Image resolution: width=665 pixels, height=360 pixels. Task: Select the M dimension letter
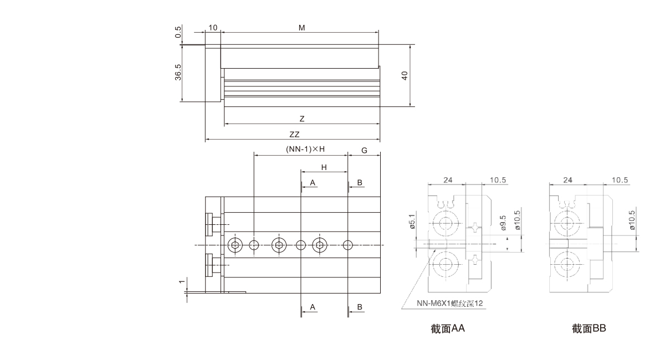pos(301,27)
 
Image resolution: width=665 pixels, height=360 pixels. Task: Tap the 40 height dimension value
pos(405,76)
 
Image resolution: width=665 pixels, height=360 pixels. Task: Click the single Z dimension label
pos(301,119)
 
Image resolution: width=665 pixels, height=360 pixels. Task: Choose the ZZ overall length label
pos(294,135)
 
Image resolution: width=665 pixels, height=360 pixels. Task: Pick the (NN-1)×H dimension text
pos(304,150)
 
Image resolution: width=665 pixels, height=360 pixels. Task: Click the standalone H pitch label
pos(324,167)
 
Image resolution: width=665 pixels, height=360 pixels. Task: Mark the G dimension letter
pos(364,150)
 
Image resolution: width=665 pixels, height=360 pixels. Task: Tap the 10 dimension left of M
pos(213,27)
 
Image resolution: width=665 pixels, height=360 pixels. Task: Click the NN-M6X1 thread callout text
pos(449,303)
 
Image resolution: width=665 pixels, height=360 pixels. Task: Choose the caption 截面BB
pos(590,328)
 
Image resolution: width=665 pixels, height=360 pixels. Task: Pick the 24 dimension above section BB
pos(567,180)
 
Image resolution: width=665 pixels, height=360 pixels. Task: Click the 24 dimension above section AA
pos(448,180)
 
